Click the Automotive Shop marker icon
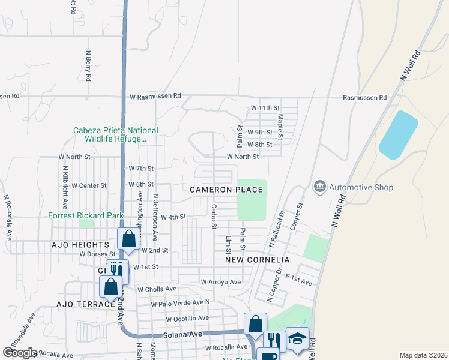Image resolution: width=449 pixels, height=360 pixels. [319, 187]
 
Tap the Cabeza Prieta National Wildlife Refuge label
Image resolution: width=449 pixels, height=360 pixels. [116, 134]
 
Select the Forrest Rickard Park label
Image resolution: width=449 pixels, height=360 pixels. [86, 215]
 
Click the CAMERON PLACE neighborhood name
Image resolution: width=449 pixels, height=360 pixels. [226, 190]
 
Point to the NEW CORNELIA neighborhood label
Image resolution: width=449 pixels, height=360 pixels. [258, 260]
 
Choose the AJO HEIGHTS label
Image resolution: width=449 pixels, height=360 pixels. [80, 245]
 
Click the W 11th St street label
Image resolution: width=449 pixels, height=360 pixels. [265, 109]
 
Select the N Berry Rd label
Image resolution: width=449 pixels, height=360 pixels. [88, 67]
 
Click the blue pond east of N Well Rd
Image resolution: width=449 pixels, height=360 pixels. [397, 135]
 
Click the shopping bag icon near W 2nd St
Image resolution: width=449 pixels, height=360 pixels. [128, 239]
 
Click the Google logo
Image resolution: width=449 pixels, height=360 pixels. [19, 353]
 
